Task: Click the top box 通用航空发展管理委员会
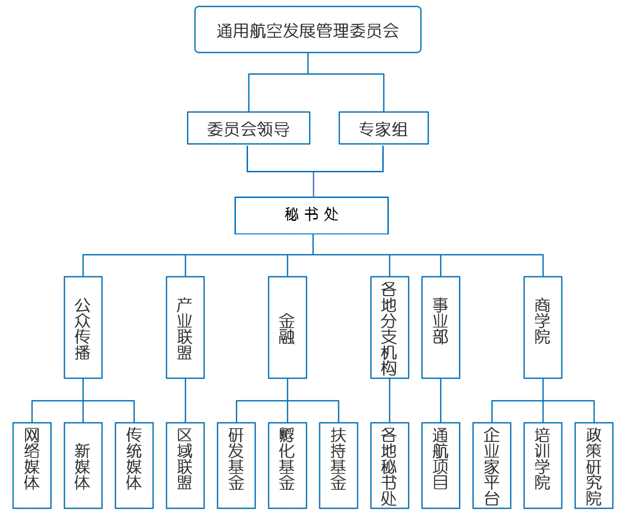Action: (308, 30)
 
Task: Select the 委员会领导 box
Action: (248, 128)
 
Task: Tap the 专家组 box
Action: (383, 128)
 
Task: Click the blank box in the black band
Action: (311, 215)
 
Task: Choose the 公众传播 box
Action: (83, 327)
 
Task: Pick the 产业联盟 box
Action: (185, 327)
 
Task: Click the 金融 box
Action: (287, 327)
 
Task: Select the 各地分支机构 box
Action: (389, 327)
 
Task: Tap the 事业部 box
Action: (441, 327)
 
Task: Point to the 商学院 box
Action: (543, 327)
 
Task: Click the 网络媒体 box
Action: (32, 466)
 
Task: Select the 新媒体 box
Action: (83, 466)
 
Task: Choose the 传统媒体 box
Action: (134, 466)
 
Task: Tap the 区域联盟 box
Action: (185, 466)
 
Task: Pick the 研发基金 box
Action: (236, 466)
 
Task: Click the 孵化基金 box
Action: (287, 466)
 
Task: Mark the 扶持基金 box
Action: (338, 466)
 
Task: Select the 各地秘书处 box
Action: (389, 466)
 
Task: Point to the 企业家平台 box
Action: (492, 466)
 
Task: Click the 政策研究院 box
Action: (594, 466)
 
